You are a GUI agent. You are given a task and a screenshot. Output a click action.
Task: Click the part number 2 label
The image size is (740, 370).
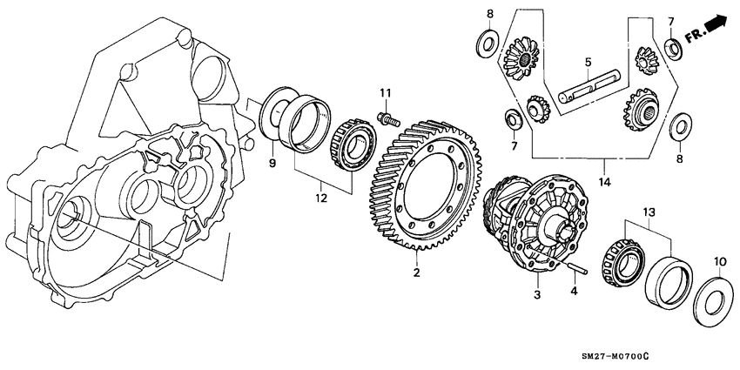(x=416, y=273)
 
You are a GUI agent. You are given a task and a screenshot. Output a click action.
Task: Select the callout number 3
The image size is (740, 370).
(x=537, y=296)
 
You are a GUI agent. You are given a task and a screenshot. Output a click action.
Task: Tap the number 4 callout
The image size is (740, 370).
(x=574, y=292)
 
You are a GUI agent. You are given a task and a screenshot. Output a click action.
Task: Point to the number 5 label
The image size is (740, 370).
(x=588, y=62)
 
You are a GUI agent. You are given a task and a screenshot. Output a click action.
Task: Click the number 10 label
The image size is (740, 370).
(x=719, y=261)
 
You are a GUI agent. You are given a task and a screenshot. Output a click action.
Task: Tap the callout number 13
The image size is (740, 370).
(x=649, y=212)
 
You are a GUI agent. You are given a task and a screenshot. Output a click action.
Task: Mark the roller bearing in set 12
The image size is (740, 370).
(x=352, y=145)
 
